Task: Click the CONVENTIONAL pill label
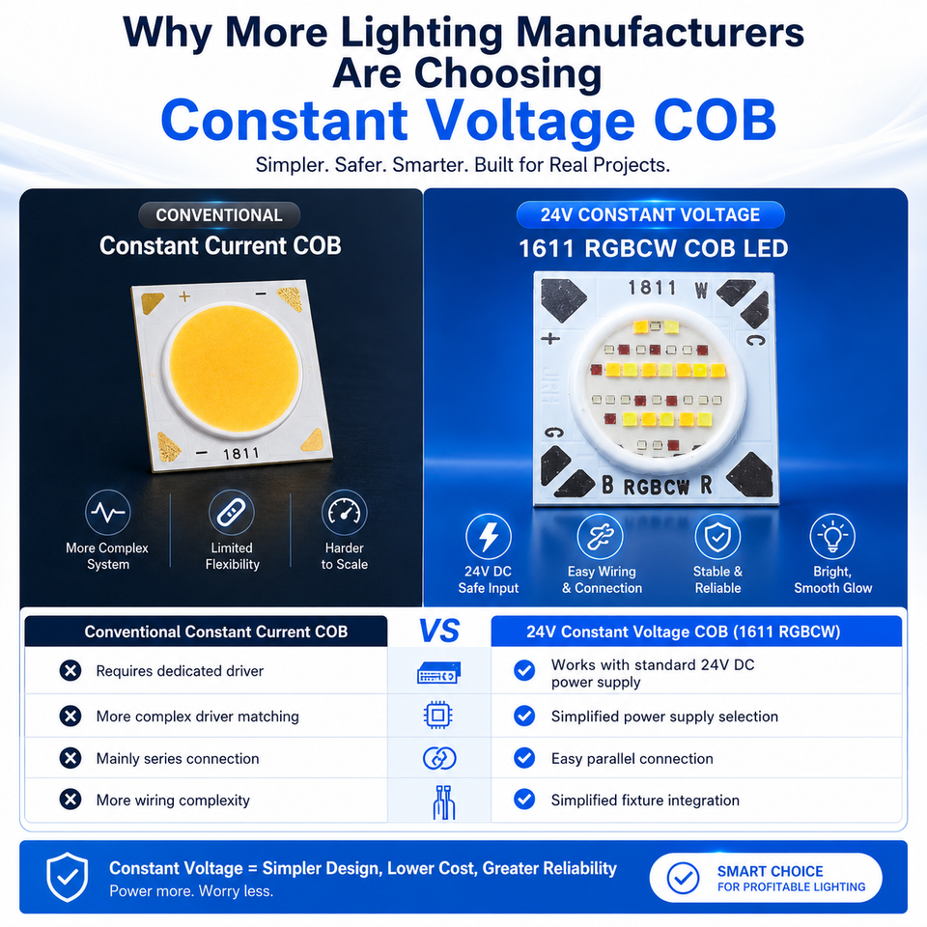click(x=219, y=215)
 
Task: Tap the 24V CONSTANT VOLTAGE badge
click(x=650, y=214)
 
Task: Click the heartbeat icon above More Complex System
click(x=107, y=512)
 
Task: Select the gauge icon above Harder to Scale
click(x=344, y=512)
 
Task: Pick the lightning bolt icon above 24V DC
click(x=489, y=536)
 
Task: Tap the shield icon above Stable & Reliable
click(x=717, y=536)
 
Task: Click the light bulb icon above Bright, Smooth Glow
click(x=832, y=536)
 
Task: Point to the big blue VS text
click(x=439, y=631)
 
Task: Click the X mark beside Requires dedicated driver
click(x=70, y=670)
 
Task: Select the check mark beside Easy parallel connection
click(x=524, y=758)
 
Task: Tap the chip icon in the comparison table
click(x=438, y=716)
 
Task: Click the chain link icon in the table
click(x=439, y=758)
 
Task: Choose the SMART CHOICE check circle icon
click(x=683, y=878)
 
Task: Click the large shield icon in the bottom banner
click(x=68, y=877)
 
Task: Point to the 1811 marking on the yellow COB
click(x=240, y=454)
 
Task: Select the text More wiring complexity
click(x=173, y=801)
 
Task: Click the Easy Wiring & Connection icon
click(x=600, y=536)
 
